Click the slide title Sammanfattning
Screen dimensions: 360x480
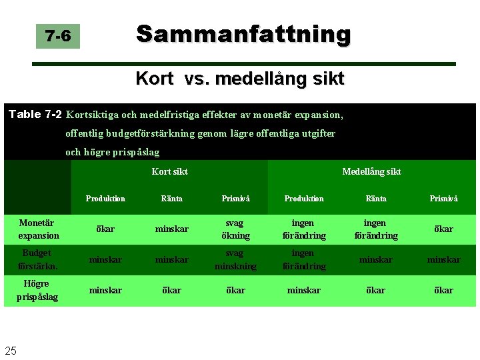pos(243,33)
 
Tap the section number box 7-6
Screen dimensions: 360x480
pos(59,36)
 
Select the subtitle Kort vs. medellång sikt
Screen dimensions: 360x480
pos(240,79)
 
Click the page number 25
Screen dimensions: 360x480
pos(11,351)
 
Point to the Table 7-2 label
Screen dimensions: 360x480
pos(35,114)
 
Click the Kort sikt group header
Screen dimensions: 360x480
pos(169,171)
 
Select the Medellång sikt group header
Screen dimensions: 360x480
pos(371,171)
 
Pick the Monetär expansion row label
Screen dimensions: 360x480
pos(38,229)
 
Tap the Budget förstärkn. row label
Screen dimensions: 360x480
pos(37,259)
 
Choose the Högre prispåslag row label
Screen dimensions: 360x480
pos(37,290)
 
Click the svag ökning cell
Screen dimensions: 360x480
pos(235,229)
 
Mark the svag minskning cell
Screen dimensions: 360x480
pos(235,259)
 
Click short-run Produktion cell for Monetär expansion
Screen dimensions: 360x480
pos(105,229)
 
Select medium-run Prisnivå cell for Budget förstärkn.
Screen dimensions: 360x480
pos(443,259)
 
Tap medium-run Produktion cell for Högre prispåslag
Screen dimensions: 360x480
pos(304,290)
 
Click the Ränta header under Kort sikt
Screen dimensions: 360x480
pos(172,199)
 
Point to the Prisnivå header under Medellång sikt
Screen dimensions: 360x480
pos(443,199)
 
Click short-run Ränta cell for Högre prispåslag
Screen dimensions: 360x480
pos(172,290)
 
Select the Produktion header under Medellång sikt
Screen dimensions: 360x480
pos(304,199)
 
